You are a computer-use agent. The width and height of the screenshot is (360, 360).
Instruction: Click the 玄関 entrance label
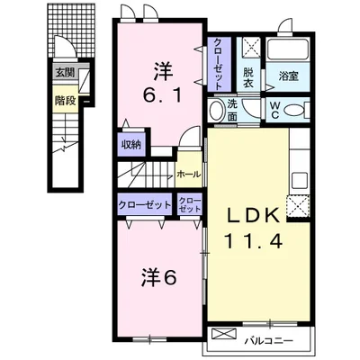(x=66, y=73)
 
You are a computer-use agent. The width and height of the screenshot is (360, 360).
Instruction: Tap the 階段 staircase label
(x=65, y=101)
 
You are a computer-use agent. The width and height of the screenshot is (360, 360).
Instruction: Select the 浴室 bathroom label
(x=288, y=76)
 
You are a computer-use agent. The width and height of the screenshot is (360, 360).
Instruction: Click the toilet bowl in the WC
(x=293, y=110)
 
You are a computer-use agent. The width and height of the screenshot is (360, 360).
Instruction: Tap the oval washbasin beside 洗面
(x=216, y=110)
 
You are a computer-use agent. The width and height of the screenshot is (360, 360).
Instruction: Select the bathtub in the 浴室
(x=288, y=49)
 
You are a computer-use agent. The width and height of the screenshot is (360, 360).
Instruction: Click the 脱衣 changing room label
(x=248, y=78)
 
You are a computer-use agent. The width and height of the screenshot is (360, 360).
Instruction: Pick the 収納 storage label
(x=130, y=145)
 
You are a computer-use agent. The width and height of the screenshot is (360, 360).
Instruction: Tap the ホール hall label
(x=189, y=174)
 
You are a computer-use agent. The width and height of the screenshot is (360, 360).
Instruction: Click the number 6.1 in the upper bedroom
(x=162, y=96)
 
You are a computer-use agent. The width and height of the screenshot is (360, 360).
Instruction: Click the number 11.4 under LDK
(x=253, y=241)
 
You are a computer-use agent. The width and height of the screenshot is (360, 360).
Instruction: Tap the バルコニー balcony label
(x=268, y=341)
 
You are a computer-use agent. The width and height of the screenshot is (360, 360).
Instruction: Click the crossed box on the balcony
(x=224, y=334)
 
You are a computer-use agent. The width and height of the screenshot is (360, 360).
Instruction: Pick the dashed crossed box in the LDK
(x=298, y=205)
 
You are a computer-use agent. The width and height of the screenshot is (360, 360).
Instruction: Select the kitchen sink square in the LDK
(x=300, y=180)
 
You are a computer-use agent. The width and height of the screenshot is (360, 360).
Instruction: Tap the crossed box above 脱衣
(x=251, y=47)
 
